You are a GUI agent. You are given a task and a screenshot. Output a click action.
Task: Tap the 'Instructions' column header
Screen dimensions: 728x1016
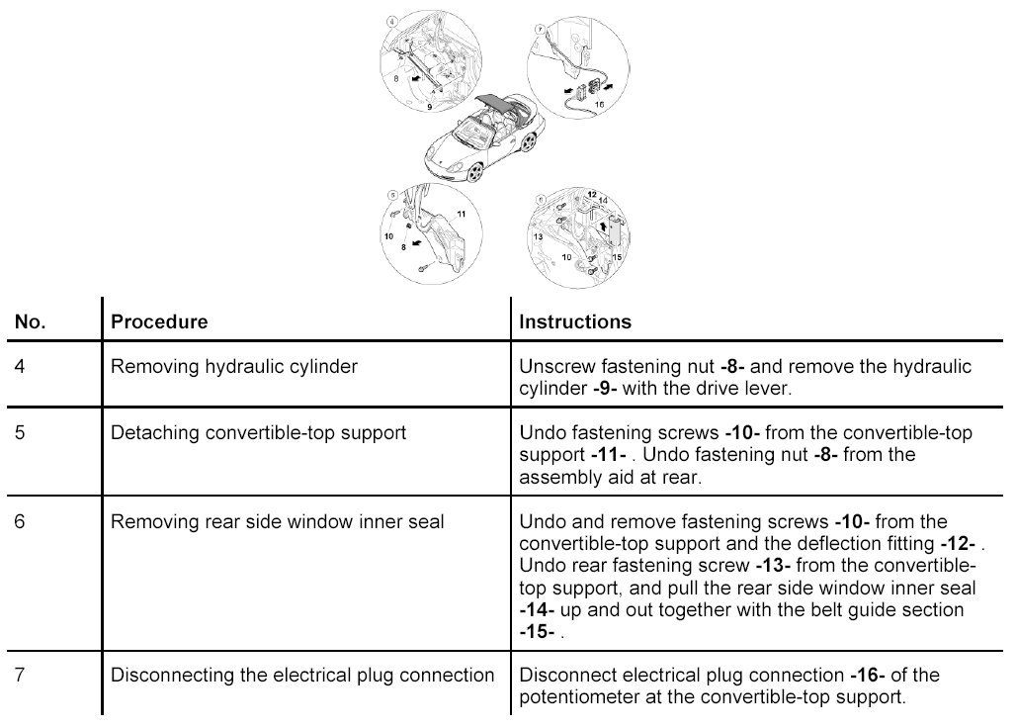pos(575,322)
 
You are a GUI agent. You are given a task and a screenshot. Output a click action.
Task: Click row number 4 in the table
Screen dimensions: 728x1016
pos(21,367)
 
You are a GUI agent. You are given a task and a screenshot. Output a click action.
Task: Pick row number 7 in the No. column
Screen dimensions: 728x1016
pos(21,676)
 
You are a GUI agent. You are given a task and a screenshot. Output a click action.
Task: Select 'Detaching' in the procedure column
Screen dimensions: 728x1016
pos(148,433)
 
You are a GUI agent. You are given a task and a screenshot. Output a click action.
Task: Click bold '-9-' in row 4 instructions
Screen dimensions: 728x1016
pos(605,389)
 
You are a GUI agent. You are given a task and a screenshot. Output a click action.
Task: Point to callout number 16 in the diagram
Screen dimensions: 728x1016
pos(599,102)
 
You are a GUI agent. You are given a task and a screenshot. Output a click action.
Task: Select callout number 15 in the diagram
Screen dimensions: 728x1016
pos(617,257)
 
